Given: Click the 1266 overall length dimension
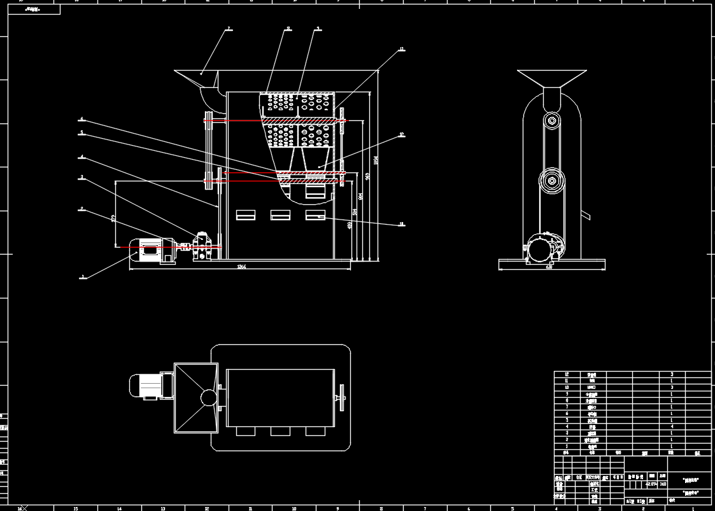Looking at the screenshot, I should [241, 267].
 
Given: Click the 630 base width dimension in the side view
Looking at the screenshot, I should [549, 267].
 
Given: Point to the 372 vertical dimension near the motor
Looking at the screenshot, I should [113, 218].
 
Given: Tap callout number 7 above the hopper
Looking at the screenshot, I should [229, 29].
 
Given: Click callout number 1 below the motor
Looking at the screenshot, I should [81, 277].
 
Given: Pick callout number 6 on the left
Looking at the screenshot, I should [81, 119].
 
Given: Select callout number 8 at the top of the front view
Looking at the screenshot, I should [288, 29].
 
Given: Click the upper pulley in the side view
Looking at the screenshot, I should [551, 121].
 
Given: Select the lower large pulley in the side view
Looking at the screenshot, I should [551, 181].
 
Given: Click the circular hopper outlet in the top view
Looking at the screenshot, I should [209, 398].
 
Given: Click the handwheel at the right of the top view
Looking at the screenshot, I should [342, 398].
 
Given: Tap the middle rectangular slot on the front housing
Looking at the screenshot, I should [280, 215].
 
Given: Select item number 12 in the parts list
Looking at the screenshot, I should [567, 374].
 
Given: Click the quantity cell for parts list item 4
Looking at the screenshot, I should [672, 426].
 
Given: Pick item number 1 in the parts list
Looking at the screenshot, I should [567, 446].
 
